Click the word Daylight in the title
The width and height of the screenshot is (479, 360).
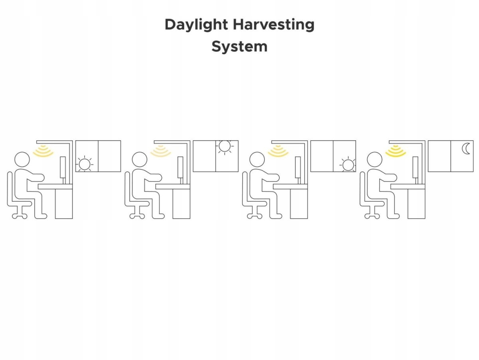click(196, 25)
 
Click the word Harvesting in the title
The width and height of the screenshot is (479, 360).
click(274, 25)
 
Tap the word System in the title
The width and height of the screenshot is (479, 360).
click(239, 46)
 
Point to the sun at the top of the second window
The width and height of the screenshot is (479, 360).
click(225, 146)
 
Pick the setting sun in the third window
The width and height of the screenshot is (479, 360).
click(348, 165)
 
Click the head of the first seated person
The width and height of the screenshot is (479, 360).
click(22, 159)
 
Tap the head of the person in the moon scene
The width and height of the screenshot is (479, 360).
click(375, 159)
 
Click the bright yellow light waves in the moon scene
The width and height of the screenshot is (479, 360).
click(396, 151)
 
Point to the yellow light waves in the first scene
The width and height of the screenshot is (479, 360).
click(43, 151)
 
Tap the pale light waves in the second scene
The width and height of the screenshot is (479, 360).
click(160, 151)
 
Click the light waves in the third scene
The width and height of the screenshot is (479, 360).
click(278, 151)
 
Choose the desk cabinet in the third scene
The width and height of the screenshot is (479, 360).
click(299, 204)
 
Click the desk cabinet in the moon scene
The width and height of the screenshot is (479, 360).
click(416, 204)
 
